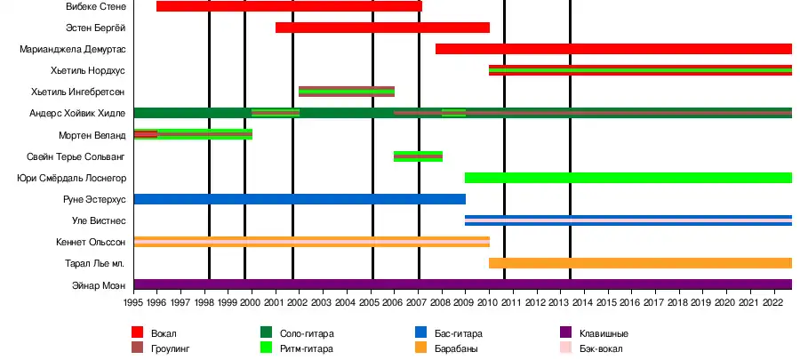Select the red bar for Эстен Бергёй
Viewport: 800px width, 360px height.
click(382, 28)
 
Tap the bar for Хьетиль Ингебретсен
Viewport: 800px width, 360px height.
click(347, 92)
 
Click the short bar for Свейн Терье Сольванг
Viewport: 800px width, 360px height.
click(418, 156)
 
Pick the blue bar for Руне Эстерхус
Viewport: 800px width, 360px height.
click(300, 199)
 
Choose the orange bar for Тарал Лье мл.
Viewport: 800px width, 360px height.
click(640, 263)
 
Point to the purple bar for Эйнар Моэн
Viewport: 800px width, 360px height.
click(462, 284)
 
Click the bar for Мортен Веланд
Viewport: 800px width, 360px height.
click(193, 134)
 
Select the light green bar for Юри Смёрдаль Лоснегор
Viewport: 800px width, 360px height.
click(628, 178)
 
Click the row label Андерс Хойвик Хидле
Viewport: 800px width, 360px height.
click(77, 113)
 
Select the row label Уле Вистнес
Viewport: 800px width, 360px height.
click(99, 220)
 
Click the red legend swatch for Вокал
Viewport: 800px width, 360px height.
click(138, 332)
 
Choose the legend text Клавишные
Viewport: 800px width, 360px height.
click(604, 333)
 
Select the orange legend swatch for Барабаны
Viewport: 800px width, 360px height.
click(422, 348)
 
